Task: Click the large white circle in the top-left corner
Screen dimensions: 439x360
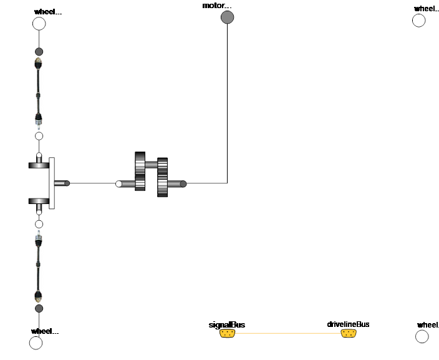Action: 39,24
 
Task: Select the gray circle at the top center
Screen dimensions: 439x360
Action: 228,17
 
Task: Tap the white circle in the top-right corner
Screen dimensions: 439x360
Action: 419,21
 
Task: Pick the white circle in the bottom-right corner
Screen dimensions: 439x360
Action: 422,336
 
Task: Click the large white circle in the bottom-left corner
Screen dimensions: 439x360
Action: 36,343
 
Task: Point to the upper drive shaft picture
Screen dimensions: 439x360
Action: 39,93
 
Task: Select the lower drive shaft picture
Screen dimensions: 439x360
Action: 39,266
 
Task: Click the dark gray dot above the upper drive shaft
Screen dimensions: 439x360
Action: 39,52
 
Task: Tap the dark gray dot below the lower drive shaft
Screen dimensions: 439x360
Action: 39,308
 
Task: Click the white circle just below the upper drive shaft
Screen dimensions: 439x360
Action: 39,136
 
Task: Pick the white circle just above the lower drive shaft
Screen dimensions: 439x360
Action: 39,224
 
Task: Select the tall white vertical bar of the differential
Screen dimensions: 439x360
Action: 52,183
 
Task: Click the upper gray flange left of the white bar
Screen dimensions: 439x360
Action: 39,165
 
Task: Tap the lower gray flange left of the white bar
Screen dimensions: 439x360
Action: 39,201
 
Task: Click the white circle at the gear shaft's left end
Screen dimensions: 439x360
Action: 118,183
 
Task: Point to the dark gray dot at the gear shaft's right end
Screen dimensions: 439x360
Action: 183,183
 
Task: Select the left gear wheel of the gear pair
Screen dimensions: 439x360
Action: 140,172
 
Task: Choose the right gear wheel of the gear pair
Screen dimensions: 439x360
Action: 162,178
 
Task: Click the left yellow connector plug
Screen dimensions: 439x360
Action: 227,333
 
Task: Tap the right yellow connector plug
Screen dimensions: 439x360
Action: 349,333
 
